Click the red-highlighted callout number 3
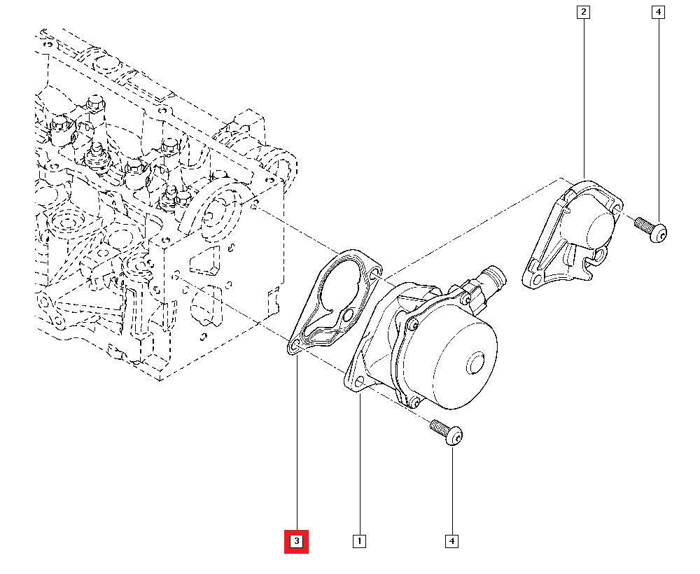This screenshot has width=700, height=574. (296, 541)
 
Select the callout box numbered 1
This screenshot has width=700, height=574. (359, 541)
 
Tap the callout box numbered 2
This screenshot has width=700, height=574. (583, 12)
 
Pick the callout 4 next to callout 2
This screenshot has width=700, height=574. (657, 12)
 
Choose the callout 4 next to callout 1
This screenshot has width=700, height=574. (452, 541)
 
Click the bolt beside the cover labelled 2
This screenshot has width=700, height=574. (651, 229)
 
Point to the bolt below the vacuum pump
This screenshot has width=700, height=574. (447, 432)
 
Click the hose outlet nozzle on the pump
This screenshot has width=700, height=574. (496, 275)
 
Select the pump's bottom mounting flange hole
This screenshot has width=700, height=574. (360, 381)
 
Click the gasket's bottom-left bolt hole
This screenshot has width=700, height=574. (294, 345)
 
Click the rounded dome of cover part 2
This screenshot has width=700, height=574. (597, 227)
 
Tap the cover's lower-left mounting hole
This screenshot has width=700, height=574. (536, 280)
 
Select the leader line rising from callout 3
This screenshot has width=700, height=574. (297, 448)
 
